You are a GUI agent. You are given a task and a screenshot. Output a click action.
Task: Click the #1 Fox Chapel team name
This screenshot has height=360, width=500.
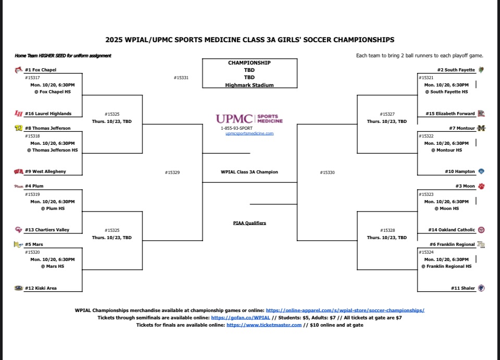tap(41, 70)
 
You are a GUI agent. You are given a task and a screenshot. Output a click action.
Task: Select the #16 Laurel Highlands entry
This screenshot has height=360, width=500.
tap(48, 114)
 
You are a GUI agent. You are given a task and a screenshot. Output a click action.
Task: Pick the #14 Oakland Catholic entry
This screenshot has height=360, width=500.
tap(452, 230)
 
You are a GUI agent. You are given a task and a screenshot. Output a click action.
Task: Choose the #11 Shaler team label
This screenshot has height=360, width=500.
tap(463, 288)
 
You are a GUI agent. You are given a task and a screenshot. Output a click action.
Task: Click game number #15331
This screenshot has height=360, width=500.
tap(181, 78)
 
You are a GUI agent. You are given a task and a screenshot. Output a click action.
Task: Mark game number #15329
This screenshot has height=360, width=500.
tap(172, 172)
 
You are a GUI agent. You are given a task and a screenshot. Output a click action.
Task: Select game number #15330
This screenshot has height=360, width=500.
tap(328, 172)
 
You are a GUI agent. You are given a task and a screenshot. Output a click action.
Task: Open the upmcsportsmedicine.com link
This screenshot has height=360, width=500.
tap(249, 133)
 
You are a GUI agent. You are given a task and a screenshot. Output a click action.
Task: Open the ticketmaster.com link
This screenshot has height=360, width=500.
tap(264, 325)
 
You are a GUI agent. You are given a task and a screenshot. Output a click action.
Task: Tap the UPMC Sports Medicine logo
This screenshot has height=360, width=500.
tap(249, 119)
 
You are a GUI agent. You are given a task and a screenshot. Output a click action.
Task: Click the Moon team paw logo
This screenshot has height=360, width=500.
tap(481, 186)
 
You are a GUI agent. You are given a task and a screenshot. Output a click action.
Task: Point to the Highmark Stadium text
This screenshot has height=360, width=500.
tap(249, 85)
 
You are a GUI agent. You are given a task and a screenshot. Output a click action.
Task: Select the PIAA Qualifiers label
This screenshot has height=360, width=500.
tap(249, 223)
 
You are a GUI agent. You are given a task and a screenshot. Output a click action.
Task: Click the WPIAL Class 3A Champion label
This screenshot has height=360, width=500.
tap(249, 172)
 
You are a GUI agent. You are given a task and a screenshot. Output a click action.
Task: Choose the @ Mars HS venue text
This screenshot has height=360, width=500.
tap(53, 266)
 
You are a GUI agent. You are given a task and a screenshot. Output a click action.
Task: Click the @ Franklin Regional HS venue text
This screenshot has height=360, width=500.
tap(446, 266)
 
